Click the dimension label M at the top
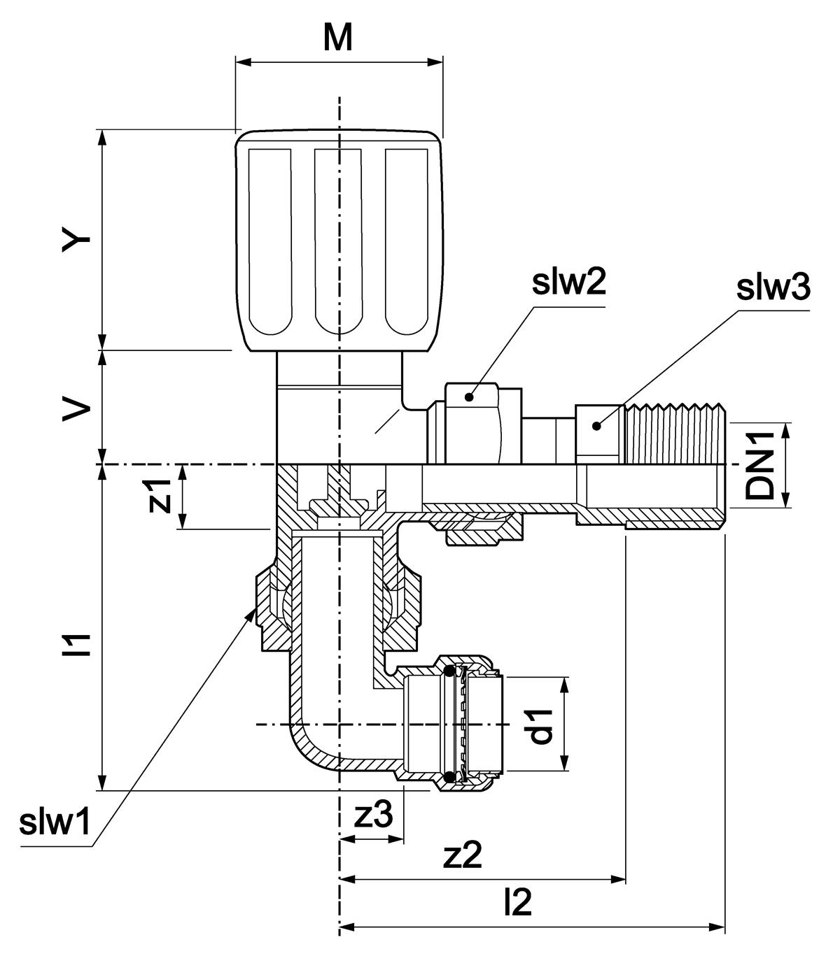(x=338, y=38)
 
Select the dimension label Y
(x=76, y=239)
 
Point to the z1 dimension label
(x=160, y=496)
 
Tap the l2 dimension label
(x=518, y=903)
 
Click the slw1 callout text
(x=56, y=823)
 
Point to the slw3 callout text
(x=773, y=287)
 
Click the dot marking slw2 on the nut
(x=470, y=397)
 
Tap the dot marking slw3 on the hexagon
(x=597, y=425)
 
